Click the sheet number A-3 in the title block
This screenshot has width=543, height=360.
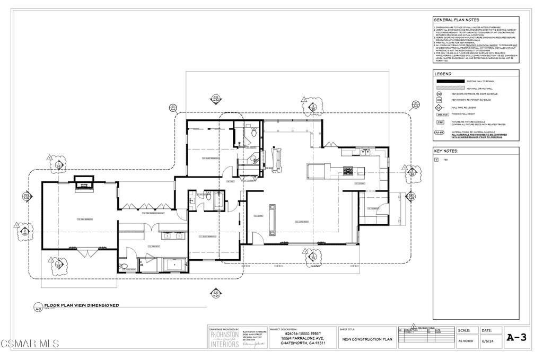coord(516,337)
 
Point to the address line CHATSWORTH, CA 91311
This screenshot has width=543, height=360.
coord(303,343)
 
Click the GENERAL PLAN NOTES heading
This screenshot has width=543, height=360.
coord(456,19)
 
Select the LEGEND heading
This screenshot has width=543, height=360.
coord(443,74)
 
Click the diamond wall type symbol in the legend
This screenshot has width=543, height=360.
coord(439,107)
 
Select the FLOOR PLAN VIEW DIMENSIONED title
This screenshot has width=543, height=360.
coord(81,305)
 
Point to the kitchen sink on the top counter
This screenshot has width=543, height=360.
coord(366,153)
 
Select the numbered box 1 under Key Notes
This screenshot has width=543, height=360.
coord(436,159)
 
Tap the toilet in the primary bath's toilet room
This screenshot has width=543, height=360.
coord(123,266)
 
